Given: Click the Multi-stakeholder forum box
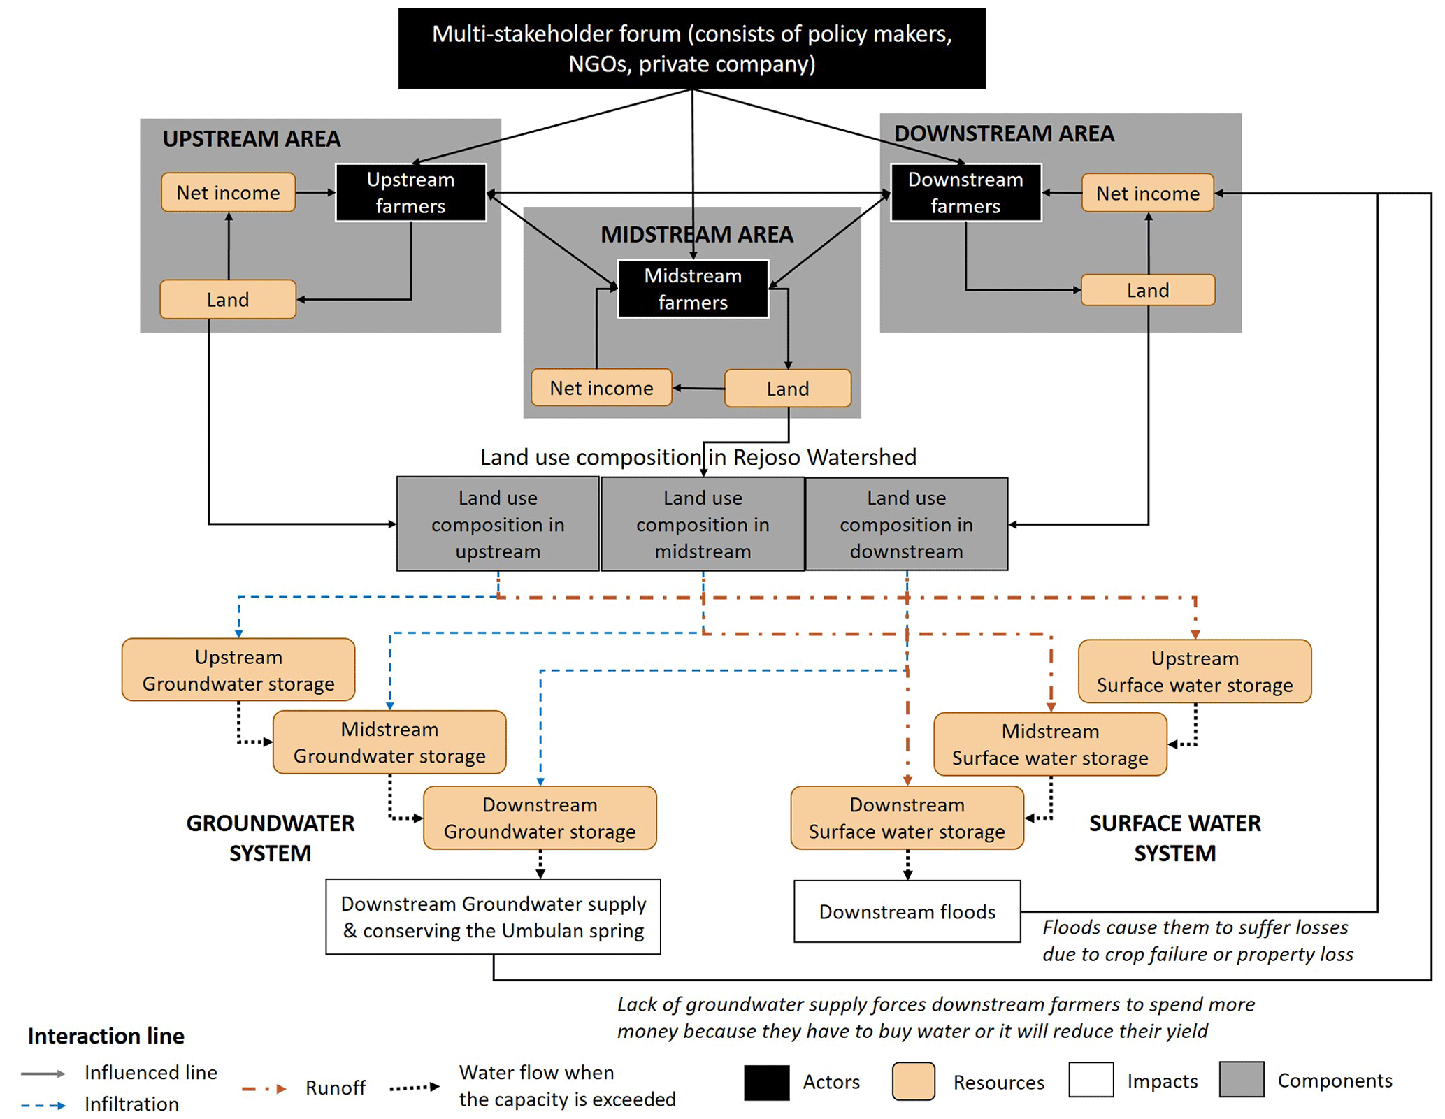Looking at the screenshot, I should pyautogui.click(x=691, y=48).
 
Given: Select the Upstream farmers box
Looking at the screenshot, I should pyautogui.click(x=410, y=192).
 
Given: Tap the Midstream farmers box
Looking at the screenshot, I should pyautogui.click(x=693, y=289).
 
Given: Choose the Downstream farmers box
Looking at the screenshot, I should pyautogui.click(x=965, y=192).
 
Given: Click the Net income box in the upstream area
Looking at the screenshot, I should pyautogui.click(x=228, y=192).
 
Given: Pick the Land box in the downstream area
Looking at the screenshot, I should pyautogui.click(x=1147, y=290).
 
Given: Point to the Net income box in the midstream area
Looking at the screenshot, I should pyautogui.click(x=601, y=387).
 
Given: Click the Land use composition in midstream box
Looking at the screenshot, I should pyautogui.click(x=703, y=524).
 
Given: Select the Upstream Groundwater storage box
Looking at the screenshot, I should pyautogui.click(x=238, y=670).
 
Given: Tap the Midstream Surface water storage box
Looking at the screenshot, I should pyautogui.click(x=1050, y=744).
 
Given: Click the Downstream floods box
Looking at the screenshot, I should pyautogui.click(x=907, y=911).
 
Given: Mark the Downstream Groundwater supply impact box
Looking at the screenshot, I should pyautogui.click(x=493, y=916).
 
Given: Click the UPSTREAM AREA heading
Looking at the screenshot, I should pyautogui.click(x=252, y=138).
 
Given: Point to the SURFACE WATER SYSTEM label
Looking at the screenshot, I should pyautogui.click(x=1174, y=838).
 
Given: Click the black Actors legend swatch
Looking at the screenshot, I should pyautogui.click(x=766, y=1082).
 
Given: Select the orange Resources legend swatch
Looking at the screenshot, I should pyautogui.click(x=913, y=1082).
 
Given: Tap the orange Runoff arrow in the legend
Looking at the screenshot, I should pyautogui.click(x=264, y=1088).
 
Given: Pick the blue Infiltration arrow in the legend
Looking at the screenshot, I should pyautogui.click(x=43, y=1105).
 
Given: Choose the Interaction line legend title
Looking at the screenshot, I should pyautogui.click(x=106, y=1036).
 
